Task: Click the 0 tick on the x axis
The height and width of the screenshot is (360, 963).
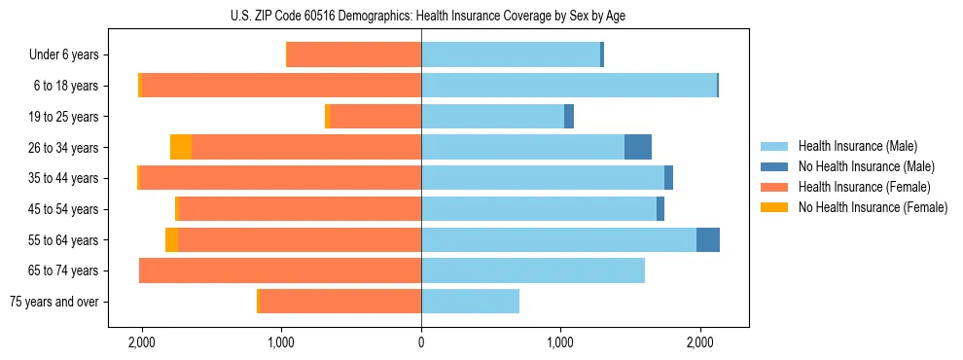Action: (x=421, y=343)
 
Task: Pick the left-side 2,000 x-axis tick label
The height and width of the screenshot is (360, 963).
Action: (x=142, y=343)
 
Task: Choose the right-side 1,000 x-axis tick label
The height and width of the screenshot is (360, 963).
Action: (x=560, y=343)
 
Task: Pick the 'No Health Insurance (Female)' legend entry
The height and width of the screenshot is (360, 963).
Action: (x=872, y=207)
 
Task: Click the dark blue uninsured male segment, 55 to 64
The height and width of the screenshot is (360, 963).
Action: (x=708, y=240)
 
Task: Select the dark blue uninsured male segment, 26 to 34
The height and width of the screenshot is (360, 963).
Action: (x=638, y=148)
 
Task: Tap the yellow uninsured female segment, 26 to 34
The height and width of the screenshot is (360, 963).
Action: (x=181, y=148)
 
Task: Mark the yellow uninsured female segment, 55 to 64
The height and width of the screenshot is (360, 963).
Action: (x=171, y=240)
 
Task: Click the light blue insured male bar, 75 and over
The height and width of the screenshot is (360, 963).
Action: (x=470, y=302)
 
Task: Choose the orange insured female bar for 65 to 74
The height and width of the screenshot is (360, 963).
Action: (x=280, y=270)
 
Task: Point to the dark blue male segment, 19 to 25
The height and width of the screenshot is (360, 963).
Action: (x=569, y=117)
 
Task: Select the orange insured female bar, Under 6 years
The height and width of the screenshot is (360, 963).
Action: (x=354, y=55)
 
